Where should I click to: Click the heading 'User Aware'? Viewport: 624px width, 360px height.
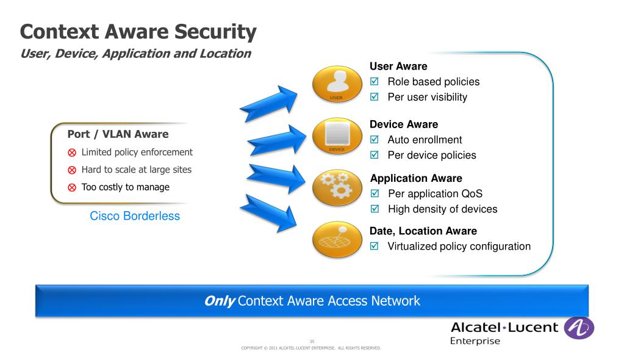pyautogui.click(x=398, y=66)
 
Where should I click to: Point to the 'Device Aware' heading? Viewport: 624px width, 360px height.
pyautogui.click(x=404, y=124)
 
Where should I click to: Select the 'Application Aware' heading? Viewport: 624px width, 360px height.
pyautogui.click(x=416, y=178)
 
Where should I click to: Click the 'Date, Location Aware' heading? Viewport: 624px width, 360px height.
pyautogui.click(x=423, y=231)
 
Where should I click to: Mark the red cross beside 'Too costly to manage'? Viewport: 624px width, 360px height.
pyautogui.click(x=71, y=187)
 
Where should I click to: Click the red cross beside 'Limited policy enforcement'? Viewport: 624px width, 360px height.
pyautogui.click(x=71, y=153)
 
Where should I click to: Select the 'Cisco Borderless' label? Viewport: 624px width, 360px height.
pyautogui.click(x=135, y=216)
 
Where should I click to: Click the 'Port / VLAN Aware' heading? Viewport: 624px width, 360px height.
pyautogui.click(x=118, y=134)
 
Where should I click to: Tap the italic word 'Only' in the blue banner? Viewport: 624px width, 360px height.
pyautogui.click(x=220, y=301)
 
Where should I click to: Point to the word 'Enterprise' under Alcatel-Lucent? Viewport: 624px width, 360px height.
pyautogui.click(x=475, y=340)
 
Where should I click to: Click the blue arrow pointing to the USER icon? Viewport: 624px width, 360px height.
pyautogui.click(x=268, y=103)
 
